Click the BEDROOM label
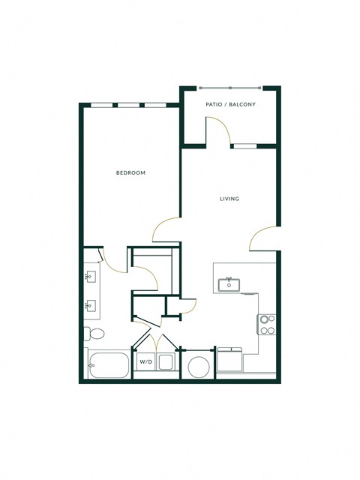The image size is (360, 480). click(130, 173)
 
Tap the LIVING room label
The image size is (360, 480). click(229, 199)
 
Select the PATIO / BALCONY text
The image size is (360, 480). click(230, 104)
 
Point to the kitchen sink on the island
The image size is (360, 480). click(226, 284)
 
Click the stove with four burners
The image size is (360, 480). click(267, 324)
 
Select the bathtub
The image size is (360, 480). click(108, 364)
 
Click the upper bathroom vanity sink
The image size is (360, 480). click(91, 277)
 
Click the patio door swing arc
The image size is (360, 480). click(220, 132)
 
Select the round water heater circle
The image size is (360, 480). click(199, 367)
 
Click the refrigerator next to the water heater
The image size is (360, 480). click(229, 361)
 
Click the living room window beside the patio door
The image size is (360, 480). click(243, 146)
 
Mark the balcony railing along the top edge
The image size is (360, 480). click(229, 87)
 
